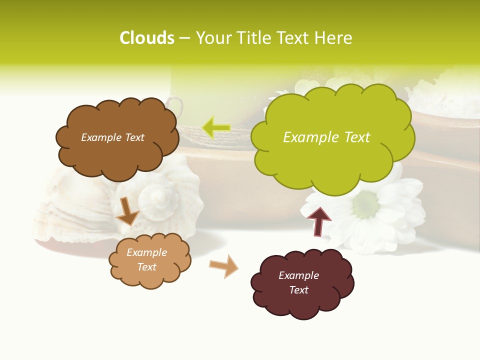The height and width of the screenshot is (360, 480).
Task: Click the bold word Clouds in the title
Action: pos(146,38)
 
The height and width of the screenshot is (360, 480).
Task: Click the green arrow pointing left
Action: pos(216,127)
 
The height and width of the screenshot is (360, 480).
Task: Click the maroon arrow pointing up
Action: pos(319,221)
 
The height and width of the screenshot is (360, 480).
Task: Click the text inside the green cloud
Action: pos(326,137)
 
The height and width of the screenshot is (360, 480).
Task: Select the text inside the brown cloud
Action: pos(112,137)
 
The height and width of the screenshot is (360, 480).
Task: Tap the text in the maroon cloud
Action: pos(298,282)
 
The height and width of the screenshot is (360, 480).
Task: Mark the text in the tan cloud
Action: pos(146,260)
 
